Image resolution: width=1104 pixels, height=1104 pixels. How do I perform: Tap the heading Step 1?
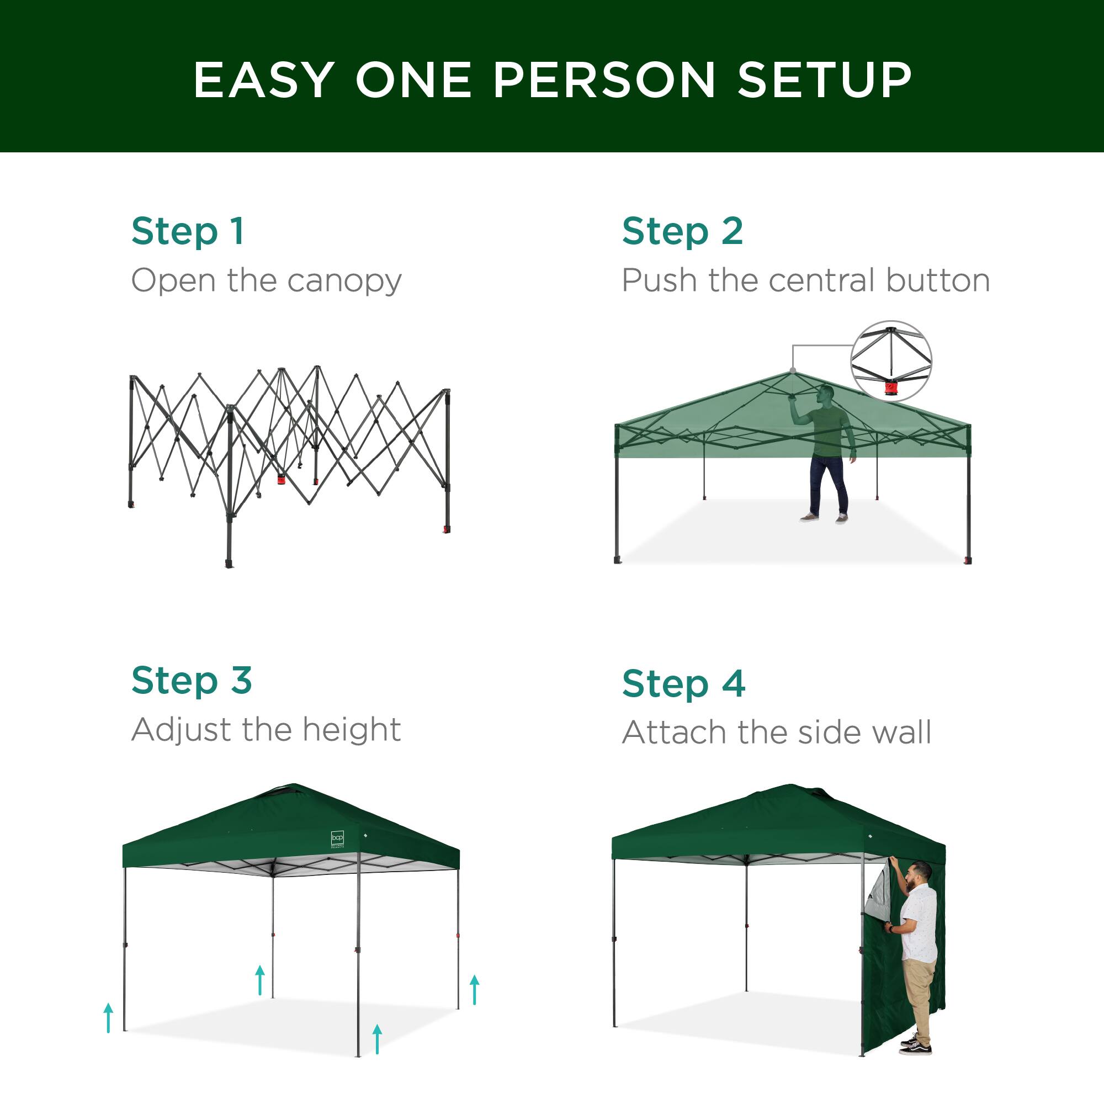pos(188,231)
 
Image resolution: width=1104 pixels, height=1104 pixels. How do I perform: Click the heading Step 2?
pos(682,231)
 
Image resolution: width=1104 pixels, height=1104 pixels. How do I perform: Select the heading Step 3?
pos(192,681)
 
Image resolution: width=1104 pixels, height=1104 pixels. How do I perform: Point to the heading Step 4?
pos(683,683)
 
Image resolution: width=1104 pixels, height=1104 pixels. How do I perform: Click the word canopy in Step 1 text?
pos(344,281)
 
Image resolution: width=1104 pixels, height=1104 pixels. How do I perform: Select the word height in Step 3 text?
pos(352,730)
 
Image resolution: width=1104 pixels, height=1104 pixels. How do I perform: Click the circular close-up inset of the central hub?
pos(891,360)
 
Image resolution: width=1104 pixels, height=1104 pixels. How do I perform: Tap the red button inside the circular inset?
pos(891,389)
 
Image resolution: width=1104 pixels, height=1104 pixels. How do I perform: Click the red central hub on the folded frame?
pos(281,479)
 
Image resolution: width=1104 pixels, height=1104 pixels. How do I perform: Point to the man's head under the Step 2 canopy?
pos(825,394)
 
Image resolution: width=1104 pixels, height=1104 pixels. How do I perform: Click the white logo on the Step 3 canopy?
pos(338,838)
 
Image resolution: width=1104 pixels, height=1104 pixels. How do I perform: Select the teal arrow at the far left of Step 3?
pos(109,1018)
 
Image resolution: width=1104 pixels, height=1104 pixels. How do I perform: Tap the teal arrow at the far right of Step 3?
pos(474,989)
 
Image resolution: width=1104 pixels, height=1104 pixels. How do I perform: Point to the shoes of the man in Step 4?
pos(916,1045)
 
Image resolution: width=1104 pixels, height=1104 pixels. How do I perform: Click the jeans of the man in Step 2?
pos(828,483)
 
